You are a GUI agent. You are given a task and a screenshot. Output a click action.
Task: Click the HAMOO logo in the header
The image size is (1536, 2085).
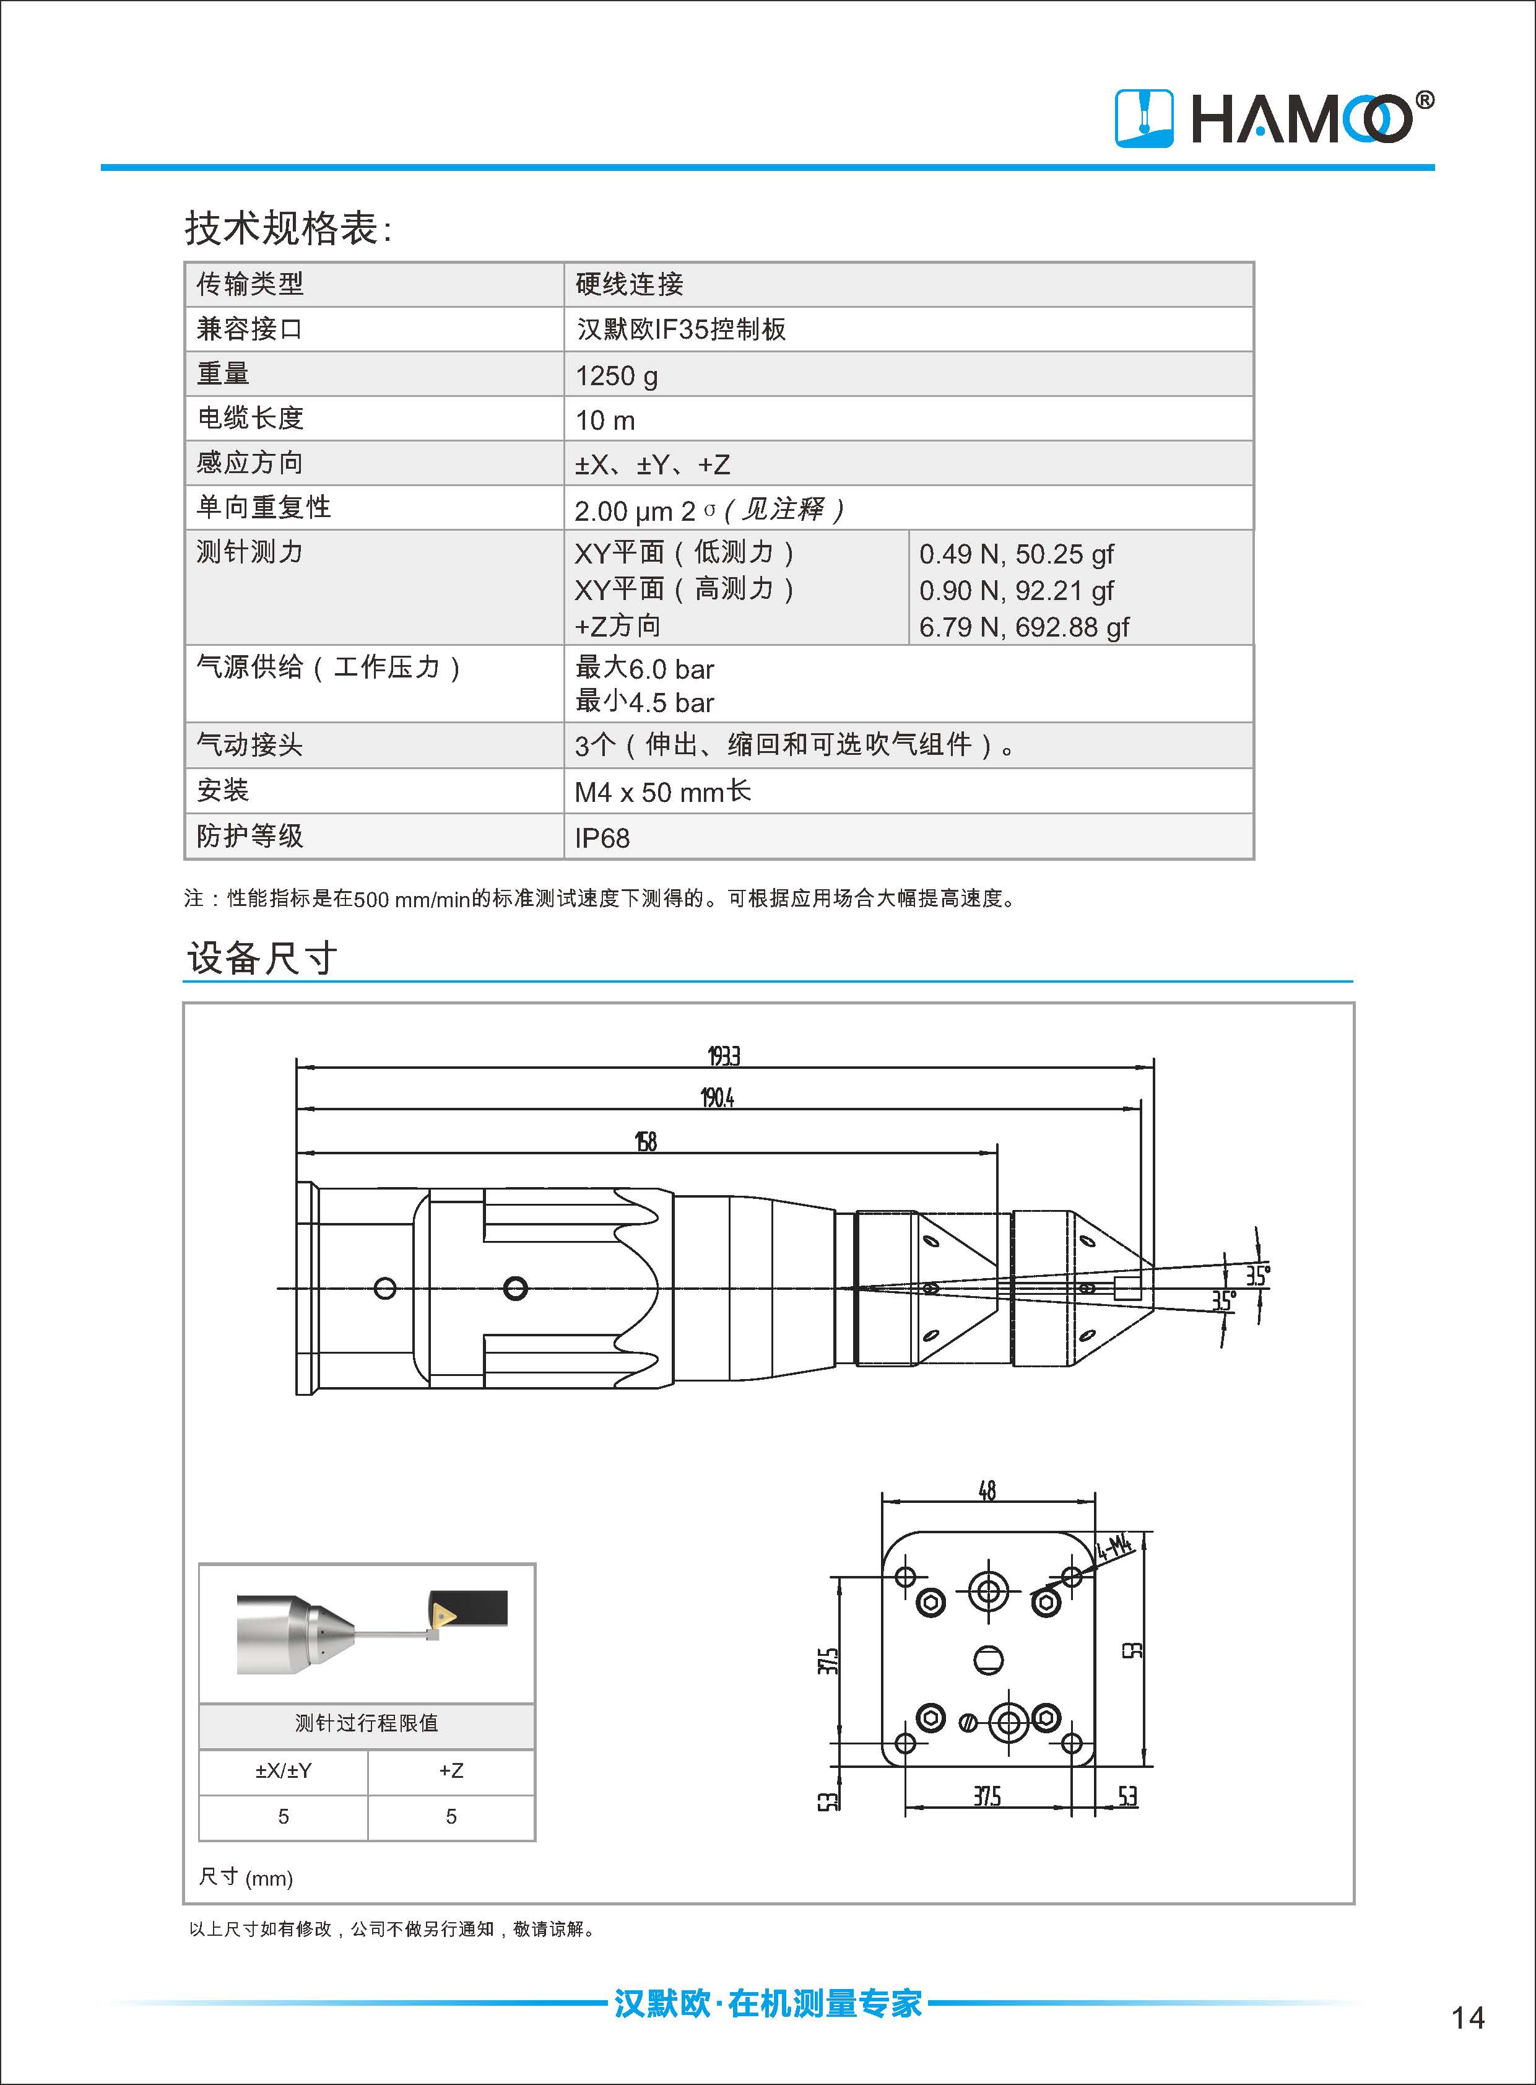click(x=1273, y=118)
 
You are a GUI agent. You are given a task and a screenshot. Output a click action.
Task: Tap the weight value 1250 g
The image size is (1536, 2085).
click(x=617, y=376)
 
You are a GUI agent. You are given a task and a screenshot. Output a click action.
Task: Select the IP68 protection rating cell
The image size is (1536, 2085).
click(x=602, y=838)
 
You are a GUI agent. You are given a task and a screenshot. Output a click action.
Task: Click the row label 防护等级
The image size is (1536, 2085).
click(x=249, y=836)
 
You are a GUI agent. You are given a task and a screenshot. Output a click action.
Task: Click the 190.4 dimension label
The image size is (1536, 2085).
click(x=717, y=1099)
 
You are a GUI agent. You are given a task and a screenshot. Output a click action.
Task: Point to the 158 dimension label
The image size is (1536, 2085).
click(x=645, y=1142)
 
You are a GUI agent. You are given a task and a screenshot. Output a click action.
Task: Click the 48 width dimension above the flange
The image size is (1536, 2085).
click(x=986, y=1491)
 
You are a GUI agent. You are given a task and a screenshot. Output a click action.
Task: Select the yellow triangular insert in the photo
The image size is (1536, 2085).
click(x=443, y=1614)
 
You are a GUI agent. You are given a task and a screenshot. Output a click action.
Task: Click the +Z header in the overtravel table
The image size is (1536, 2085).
click(x=451, y=1770)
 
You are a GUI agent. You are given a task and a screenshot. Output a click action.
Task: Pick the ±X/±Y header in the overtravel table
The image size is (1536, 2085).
click(x=284, y=1770)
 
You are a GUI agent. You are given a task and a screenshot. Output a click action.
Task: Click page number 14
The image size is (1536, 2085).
click(x=1467, y=2017)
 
